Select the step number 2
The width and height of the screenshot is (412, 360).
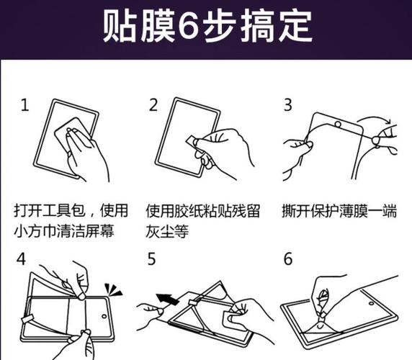pyautogui.click(x=153, y=105)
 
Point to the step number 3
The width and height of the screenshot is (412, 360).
pyautogui.click(x=287, y=105)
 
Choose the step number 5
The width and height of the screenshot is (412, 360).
pyautogui.click(x=152, y=258)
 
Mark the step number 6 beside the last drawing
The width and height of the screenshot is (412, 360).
pyautogui.click(x=288, y=258)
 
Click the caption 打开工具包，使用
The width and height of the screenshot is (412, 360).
pyautogui.click(x=71, y=211)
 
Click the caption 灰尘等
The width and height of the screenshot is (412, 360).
pyautogui.click(x=169, y=233)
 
